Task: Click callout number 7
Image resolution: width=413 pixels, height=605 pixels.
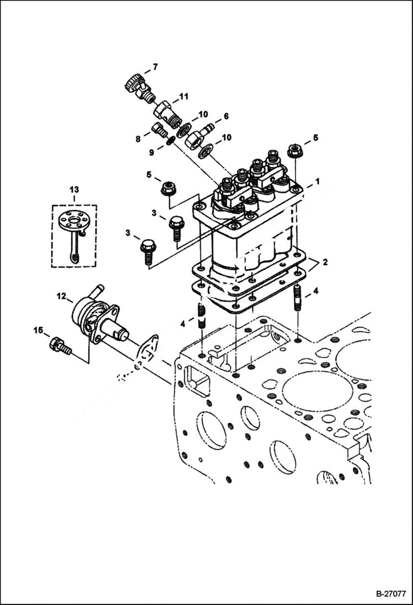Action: pyautogui.click(x=155, y=67)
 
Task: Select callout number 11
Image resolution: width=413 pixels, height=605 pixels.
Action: pyautogui.click(x=183, y=97)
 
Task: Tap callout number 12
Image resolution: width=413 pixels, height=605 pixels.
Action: pyautogui.click(x=61, y=296)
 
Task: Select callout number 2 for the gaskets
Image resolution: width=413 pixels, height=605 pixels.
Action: pyautogui.click(x=325, y=262)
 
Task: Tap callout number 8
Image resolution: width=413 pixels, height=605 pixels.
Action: pyautogui.click(x=138, y=140)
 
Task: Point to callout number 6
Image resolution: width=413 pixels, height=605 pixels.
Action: pyautogui.click(x=226, y=116)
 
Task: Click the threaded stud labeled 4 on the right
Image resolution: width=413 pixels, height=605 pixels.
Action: pyautogui.click(x=298, y=300)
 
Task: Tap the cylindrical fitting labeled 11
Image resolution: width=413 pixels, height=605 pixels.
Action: pyautogui.click(x=165, y=111)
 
